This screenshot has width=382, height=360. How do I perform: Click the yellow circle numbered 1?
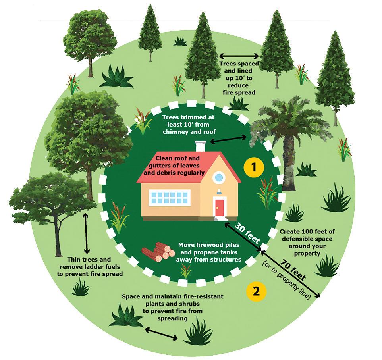254,168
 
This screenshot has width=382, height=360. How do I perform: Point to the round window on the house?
218,177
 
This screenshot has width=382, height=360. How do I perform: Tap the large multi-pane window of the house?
169,197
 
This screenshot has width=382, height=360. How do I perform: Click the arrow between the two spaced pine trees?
239,56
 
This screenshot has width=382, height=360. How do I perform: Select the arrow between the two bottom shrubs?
161,334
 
